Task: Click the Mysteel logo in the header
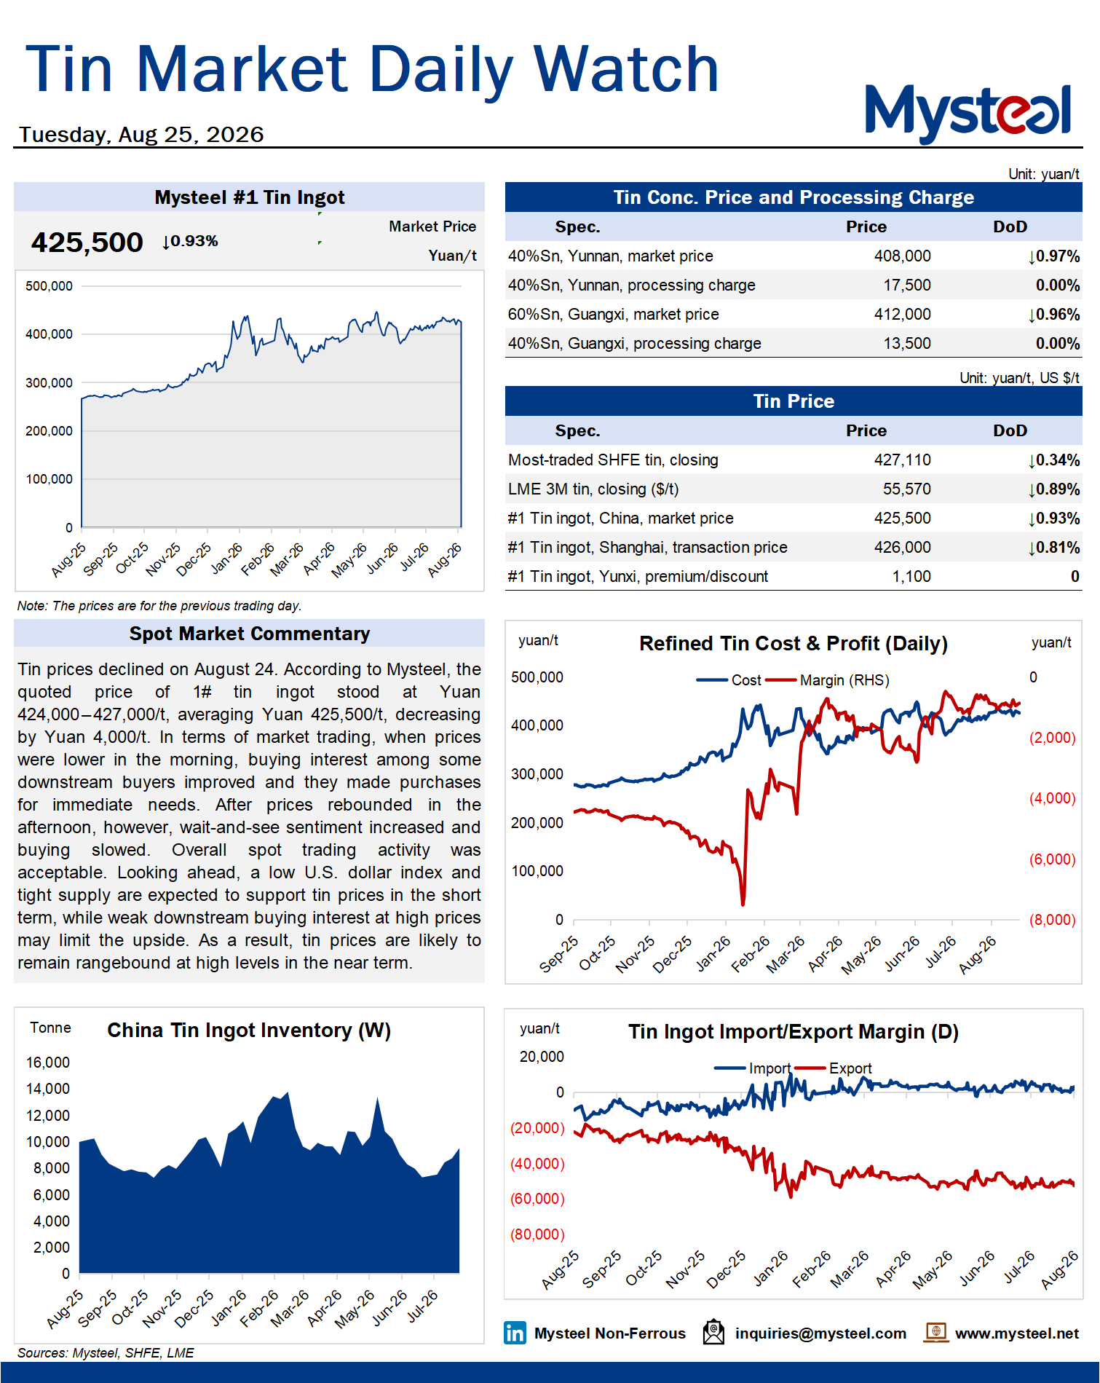click(x=968, y=114)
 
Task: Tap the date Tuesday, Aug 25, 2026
click(x=141, y=135)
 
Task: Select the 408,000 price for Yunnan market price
click(x=902, y=256)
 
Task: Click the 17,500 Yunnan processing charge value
click(x=907, y=285)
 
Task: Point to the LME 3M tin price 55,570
click(x=907, y=489)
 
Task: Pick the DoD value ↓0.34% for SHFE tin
click(x=1053, y=460)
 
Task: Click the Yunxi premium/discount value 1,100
click(x=911, y=577)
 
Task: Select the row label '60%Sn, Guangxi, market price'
click(x=614, y=315)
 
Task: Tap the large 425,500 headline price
click(x=87, y=243)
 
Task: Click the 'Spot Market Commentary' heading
click(x=250, y=634)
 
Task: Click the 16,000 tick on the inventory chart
click(x=48, y=1063)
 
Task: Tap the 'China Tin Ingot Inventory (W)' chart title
click(x=249, y=1031)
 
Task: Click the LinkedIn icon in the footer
click(x=515, y=1333)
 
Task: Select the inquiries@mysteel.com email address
click(x=820, y=1333)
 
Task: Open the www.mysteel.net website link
click(x=1017, y=1333)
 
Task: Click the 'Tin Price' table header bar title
click(x=794, y=401)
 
